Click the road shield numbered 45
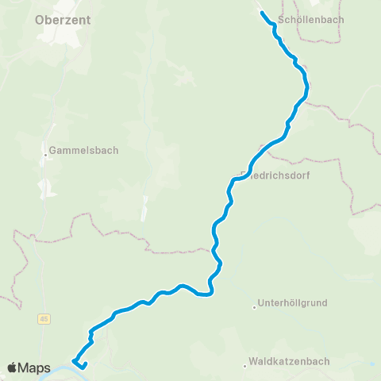click(x=44, y=319)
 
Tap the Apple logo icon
click(x=13, y=368)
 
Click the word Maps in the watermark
click(x=36, y=368)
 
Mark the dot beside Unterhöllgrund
click(x=254, y=304)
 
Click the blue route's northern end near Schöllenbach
click(x=262, y=13)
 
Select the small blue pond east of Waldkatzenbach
click(x=373, y=365)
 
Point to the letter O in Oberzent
click(x=40, y=22)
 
